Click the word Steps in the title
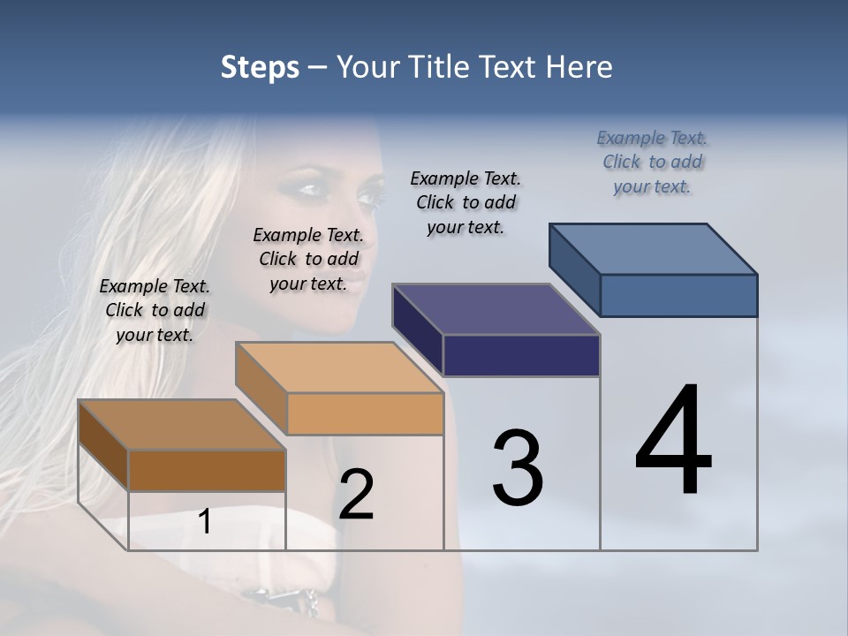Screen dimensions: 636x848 click(x=260, y=67)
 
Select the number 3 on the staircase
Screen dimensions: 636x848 click(x=518, y=468)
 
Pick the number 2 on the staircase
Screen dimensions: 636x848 click(x=356, y=495)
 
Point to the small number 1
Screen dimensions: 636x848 click(x=204, y=522)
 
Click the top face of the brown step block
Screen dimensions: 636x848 click(x=181, y=425)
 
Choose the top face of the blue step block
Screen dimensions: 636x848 click(x=654, y=249)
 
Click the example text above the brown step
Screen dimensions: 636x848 click(x=155, y=310)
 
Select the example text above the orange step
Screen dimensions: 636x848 click(x=308, y=259)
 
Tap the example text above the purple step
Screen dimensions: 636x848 click(x=466, y=202)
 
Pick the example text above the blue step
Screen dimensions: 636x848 click(x=652, y=162)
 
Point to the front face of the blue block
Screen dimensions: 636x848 click(x=678, y=295)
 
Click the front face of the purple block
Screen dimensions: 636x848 click(x=521, y=355)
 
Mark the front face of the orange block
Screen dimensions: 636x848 click(x=365, y=413)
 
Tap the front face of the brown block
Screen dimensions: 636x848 click(x=207, y=470)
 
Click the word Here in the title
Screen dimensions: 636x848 click(x=580, y=67)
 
